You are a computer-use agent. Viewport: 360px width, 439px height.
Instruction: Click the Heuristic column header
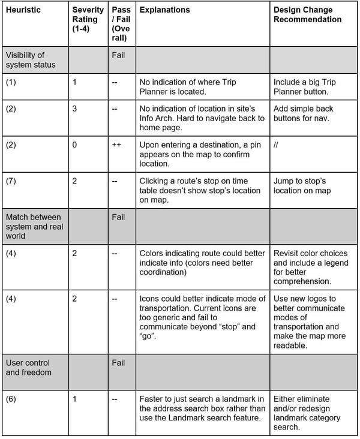(x=24, y=10)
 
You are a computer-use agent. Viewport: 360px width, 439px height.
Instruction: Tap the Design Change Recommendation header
(x=308, y=14)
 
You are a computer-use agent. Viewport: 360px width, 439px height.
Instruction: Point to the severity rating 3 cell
(x=74, y=109)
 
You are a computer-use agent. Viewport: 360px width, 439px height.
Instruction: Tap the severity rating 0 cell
(x=74, y=145)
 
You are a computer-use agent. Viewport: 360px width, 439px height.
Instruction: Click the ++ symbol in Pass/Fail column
(x=116, y=145)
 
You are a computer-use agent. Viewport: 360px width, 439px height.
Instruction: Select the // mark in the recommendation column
(x=276, y=145)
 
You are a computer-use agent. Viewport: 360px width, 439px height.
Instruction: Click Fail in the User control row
(x=118, y=363)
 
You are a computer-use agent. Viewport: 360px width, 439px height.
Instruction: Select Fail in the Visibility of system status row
(x=118, y=55)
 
